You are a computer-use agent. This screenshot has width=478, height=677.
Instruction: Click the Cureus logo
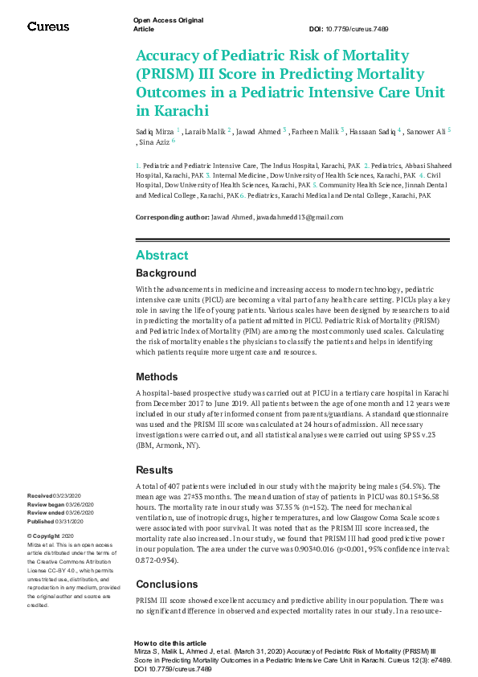point(48,27)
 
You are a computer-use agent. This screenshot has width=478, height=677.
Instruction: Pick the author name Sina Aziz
point(152,143)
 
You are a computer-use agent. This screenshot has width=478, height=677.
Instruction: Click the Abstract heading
point(162,256)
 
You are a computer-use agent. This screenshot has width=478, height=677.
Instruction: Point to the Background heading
point(165,273)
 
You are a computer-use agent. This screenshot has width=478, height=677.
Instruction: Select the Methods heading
point(157,376)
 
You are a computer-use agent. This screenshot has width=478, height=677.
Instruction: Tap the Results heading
point(154,470)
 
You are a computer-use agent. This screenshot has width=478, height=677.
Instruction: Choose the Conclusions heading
point(166,562)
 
